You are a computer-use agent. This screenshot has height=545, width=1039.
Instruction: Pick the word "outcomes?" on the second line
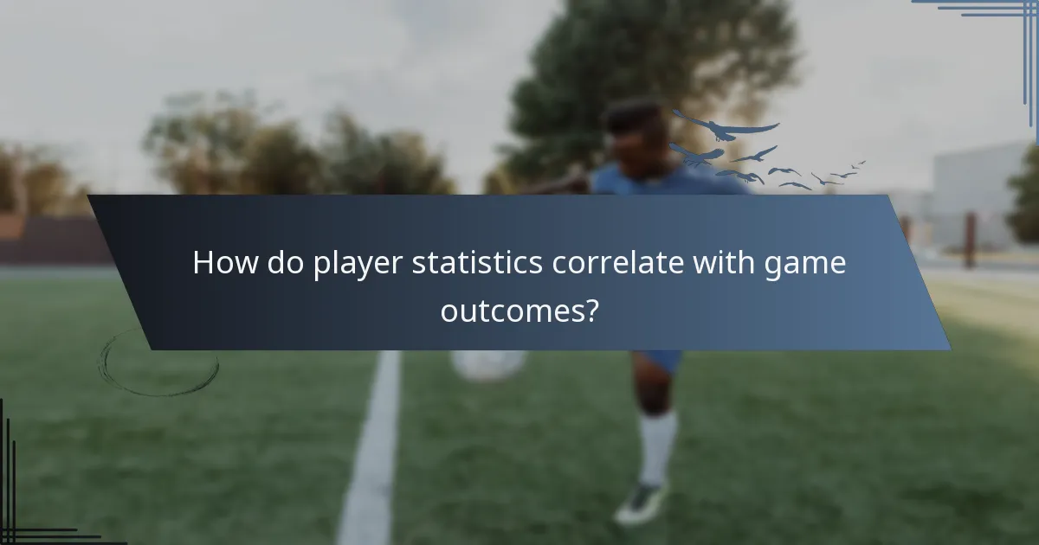pyautogui.click(x=519, y=310)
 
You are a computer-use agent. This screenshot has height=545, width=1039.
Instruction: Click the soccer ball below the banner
pyautogui.click(x=487, y=364)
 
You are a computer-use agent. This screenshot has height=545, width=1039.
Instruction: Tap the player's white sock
pyautogui.click(x=659, y=446)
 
